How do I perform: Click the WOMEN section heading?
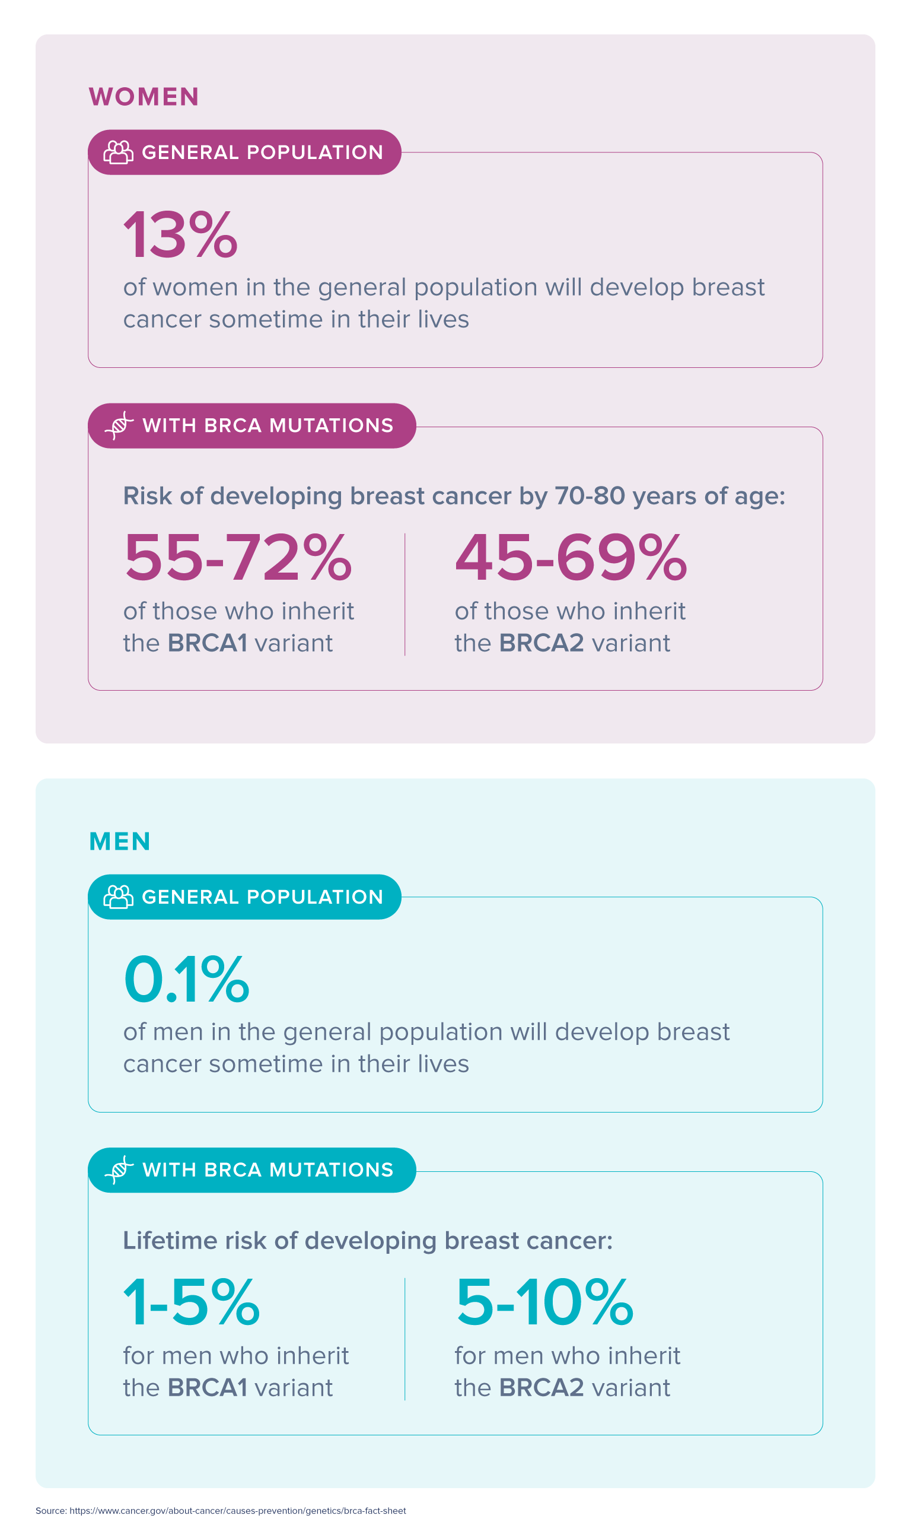point(144,97)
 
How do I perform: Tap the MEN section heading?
point(120,841)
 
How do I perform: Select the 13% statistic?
point(180,234)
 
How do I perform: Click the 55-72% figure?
point(238,558)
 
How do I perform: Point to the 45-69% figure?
point(571,558)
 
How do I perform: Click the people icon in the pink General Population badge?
point(118,152)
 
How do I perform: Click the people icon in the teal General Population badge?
point(118,897)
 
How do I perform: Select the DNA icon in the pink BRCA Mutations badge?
point(119,425)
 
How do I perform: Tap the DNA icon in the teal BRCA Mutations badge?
point(119,1170)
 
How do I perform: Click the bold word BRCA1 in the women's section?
point(208,643)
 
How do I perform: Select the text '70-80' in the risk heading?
point(590,496)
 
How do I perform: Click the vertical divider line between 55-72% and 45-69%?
point(405,595)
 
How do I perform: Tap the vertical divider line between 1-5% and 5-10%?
point(405,1339)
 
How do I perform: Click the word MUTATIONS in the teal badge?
point(332,1170)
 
